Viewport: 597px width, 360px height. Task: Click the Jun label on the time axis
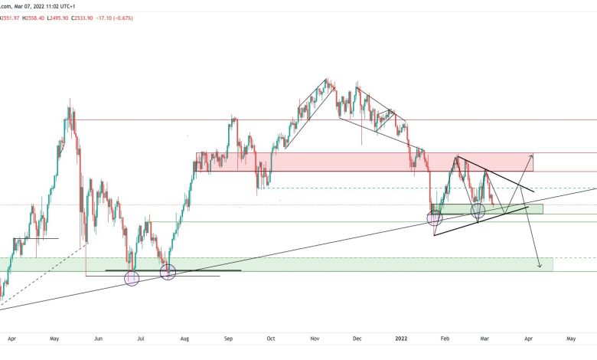coord(97,337)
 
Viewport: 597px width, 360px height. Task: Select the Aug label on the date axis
coord(185,337)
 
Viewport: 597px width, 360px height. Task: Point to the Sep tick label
coord(229,337)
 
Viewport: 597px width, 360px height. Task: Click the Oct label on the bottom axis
coord(271,337)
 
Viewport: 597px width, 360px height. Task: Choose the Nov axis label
coord(315,337)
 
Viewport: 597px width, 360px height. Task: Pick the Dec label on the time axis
coord(357,337)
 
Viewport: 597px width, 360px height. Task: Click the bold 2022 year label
coord(401,337)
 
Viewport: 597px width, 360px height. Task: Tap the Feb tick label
coord(445,337)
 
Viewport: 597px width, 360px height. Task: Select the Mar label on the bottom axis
coord(485,337)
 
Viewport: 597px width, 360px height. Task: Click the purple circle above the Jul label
coord(132,279)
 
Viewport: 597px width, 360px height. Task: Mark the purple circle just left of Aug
coord(168,270)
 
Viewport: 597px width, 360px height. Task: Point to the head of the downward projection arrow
coord(540,267)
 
